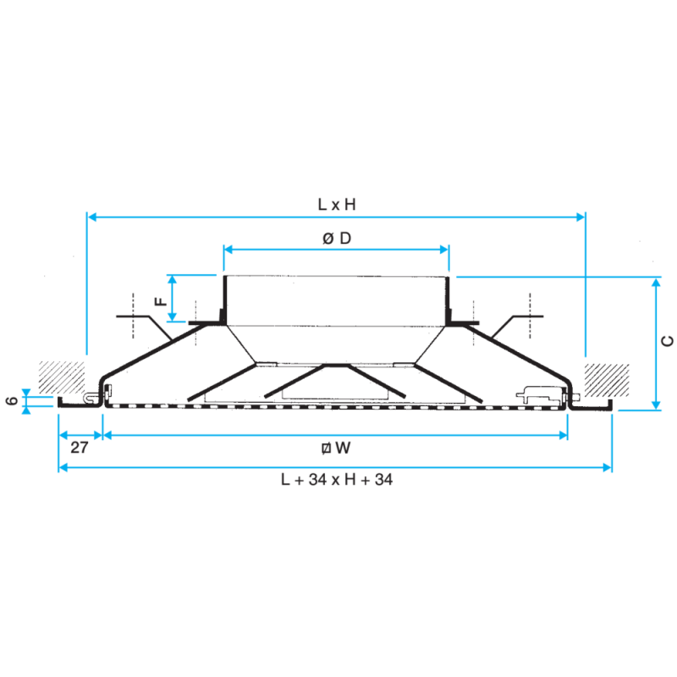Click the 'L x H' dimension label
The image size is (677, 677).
(x=337, y=204)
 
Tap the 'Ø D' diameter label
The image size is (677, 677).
(x=337, y=238)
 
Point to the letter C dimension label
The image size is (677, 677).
(x=667, y=341)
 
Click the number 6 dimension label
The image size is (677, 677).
(x=13, y=400)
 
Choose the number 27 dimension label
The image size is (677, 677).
(x=80, y=448)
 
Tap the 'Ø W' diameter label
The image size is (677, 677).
(x=336, y=448)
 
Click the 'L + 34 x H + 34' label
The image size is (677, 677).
(x=337, y=480)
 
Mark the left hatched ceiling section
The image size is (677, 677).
(x=62, y=377)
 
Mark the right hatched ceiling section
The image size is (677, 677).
(x=607, y=380)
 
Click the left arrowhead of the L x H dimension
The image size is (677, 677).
(x=91, y=217)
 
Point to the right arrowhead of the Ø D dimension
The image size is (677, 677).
(x=443, y=249)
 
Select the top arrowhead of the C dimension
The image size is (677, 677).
(x=656, y=283)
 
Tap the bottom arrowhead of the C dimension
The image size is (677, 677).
(x=656, y=405)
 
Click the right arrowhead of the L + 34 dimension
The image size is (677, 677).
(x=607, y=467)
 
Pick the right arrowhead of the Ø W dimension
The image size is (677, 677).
(x=563, y=435)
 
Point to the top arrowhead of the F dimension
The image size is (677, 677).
(x=173, y=280)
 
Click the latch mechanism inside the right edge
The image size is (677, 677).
(x=540, y=394)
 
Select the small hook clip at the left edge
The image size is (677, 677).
(x=91, y=398)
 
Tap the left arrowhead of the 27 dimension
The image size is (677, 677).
(x=63, y=435)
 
